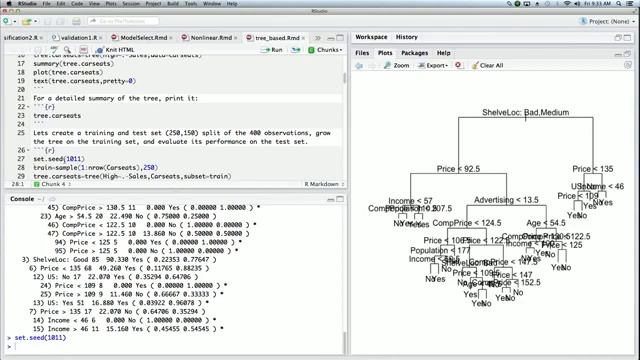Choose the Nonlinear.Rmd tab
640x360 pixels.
(x=212, y=37)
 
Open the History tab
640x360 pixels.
(x=406, y=37)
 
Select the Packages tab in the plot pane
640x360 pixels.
(x=414, y=52)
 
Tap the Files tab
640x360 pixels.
(x=361, y=52)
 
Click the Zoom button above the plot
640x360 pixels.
(x=396, y=65)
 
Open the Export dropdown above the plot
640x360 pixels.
(x=436, y=65)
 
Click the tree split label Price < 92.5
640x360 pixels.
(x=458, y=169)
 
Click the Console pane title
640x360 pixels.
(x=21, y=199)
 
